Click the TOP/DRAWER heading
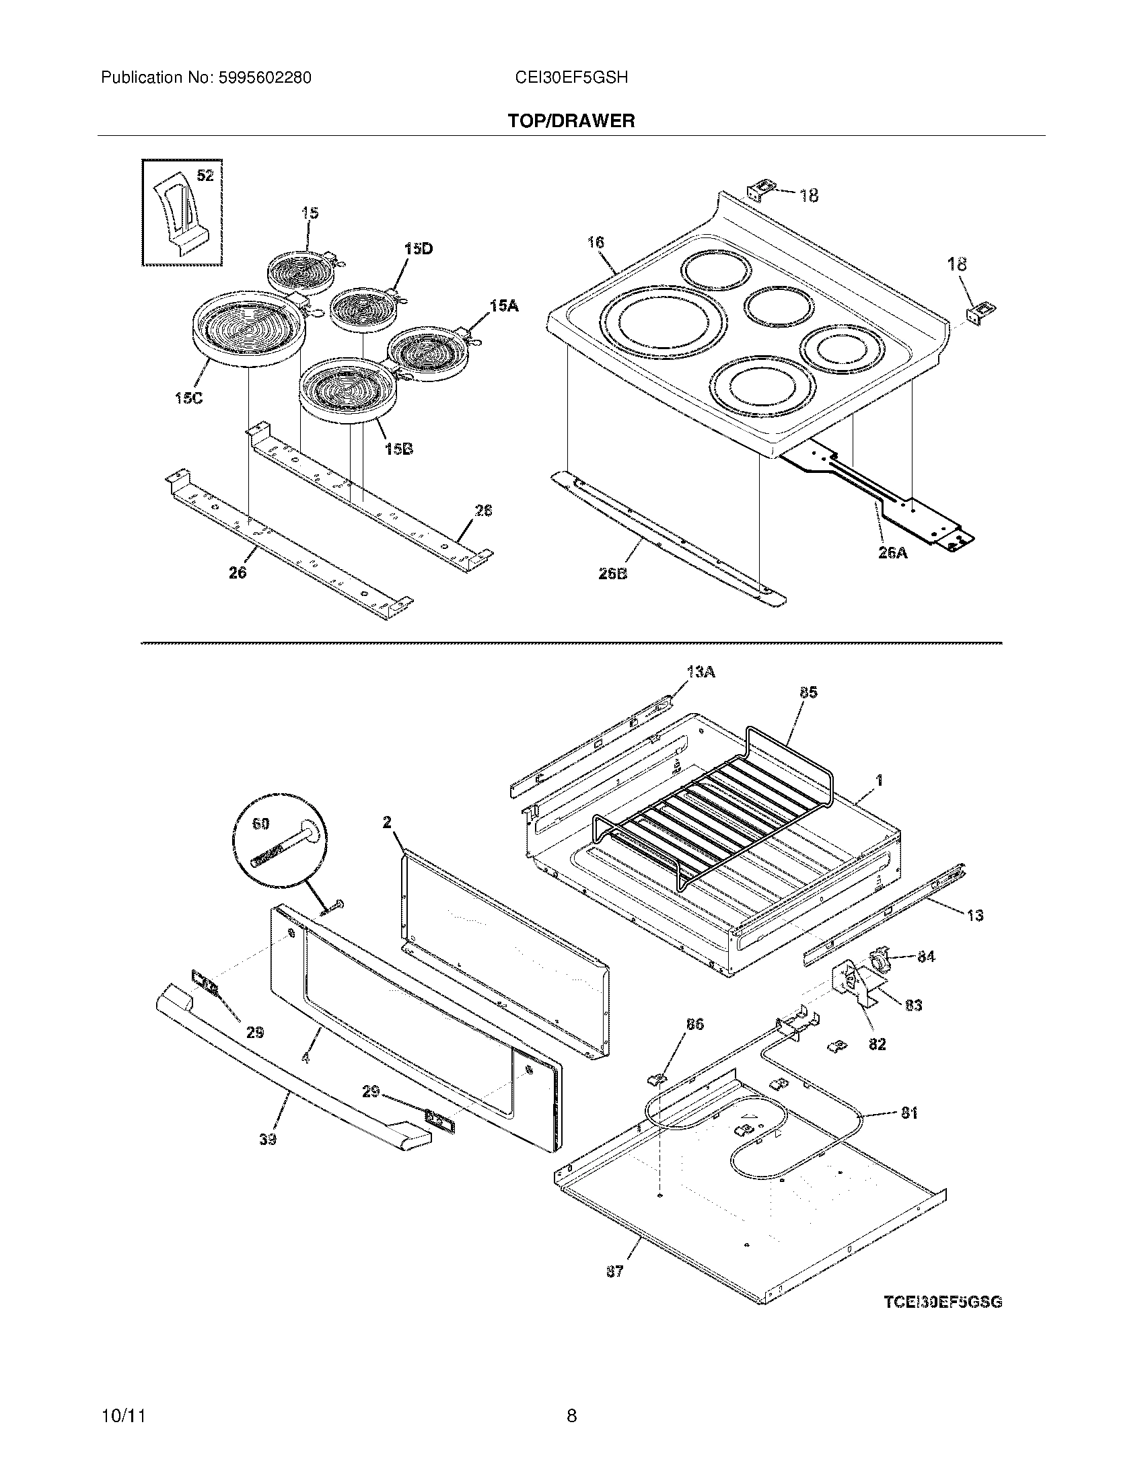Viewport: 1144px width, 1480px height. pos(571,121)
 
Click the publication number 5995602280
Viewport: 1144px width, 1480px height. pos(265,78)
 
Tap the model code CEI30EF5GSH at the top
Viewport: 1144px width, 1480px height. pos(571,78)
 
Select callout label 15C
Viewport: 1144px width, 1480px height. pos(188,398)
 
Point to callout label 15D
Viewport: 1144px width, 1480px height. pos(418,249)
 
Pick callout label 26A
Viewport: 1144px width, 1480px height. pos(892,553)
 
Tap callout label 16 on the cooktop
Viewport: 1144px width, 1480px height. pos(596,242)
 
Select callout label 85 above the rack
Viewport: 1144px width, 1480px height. pos(808,692)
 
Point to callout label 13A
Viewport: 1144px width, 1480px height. pos(701,671)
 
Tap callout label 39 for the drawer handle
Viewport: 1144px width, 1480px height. pos(268,1140)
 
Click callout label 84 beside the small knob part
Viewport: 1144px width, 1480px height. pos(926,956)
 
